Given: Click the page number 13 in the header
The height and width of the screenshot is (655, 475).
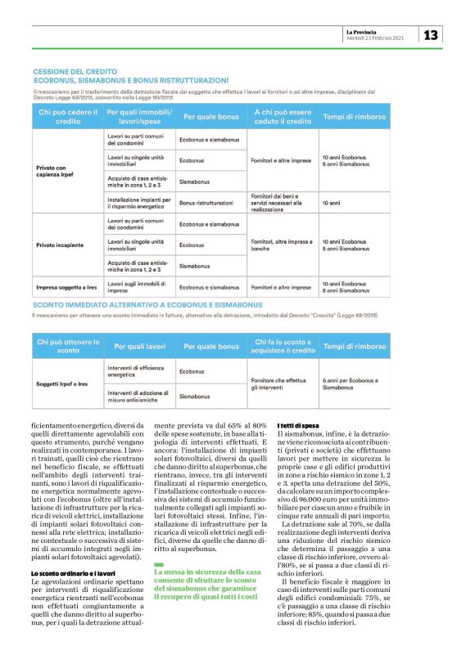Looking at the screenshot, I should click(431, 34).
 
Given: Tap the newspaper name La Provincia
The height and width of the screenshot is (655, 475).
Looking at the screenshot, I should click(364, 31).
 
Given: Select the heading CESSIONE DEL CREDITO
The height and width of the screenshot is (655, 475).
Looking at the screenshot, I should click(72, 72).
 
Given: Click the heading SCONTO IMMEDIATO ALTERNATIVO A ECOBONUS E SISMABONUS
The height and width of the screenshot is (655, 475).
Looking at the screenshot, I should click(143, 304).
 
